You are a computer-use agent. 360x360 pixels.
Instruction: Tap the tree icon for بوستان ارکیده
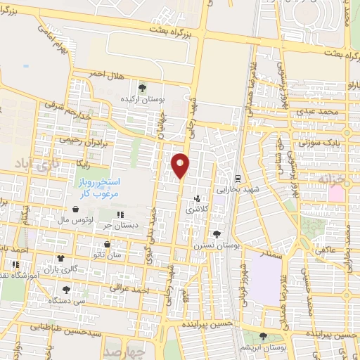pos(143,88)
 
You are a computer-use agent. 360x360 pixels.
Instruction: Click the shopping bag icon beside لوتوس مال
pos(75,209)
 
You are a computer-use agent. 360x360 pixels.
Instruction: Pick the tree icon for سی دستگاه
pos(67,289)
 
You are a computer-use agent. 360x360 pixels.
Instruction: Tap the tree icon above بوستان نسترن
pos(216,235)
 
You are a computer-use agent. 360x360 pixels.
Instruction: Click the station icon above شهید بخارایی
pos(239,178)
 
